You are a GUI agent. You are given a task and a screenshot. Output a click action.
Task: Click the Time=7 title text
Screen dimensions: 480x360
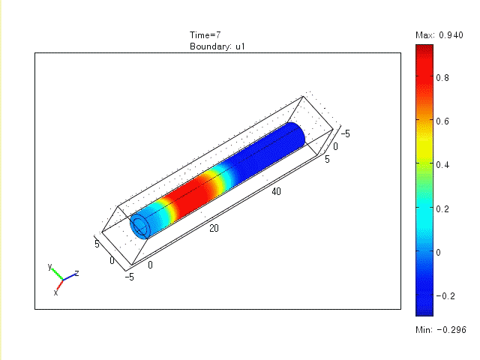pyautogui.click(x=205, y=35)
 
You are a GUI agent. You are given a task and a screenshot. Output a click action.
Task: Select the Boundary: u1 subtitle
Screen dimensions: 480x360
pyautogui.click(x=217, y=46)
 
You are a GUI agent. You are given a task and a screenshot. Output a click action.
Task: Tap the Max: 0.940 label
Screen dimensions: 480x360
pyautogui.click(x=439, y=35)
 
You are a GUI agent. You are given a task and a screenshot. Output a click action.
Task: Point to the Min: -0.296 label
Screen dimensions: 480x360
pyautogui.click(x=441, y=330)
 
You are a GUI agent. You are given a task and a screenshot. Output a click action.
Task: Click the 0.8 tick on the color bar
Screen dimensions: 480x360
pyautogui.click(x=442, y=78)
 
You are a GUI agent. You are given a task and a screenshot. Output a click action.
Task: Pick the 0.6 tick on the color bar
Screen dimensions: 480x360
pyautogui.click(x=442, y=121)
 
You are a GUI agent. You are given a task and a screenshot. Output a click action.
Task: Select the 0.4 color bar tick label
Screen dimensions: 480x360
pyautogui.click(x=442, y=165)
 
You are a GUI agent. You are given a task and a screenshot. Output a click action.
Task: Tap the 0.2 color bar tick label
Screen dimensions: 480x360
pyautogui.click(x=442, y=208)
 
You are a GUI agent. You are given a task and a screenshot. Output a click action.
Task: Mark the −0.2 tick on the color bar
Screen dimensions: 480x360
pyautogui.click(x=445, y=296)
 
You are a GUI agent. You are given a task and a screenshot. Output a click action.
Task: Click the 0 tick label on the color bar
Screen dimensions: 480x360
pyautogui.click(x=438, y=253)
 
